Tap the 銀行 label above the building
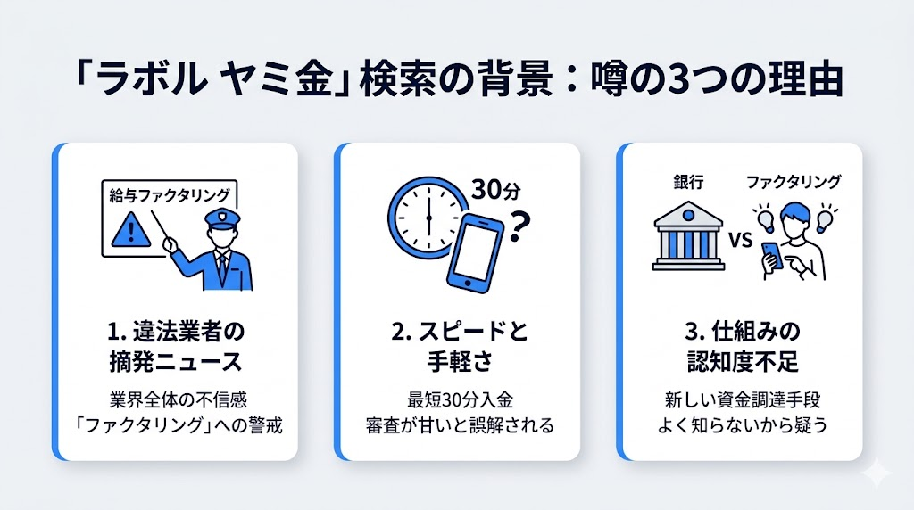(689, 182)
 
